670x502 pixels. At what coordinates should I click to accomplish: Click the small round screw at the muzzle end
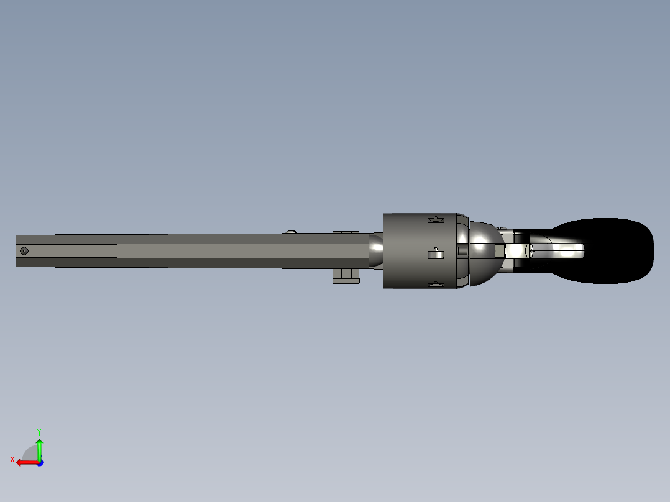coord(24,251)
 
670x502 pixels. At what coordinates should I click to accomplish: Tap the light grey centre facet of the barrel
coord(186,251)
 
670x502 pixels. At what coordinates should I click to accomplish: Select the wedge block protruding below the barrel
coord(346,276)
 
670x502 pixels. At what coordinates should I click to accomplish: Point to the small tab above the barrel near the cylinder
coord(346,232)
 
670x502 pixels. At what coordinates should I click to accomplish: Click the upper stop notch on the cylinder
coord(436,219)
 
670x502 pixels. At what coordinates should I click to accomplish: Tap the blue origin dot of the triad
coord(39,462)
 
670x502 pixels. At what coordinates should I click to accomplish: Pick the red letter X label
coord(12,459)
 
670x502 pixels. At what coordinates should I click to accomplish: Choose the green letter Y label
coord(39,431)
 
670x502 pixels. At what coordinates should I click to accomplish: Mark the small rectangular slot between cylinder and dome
coord(462,250)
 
